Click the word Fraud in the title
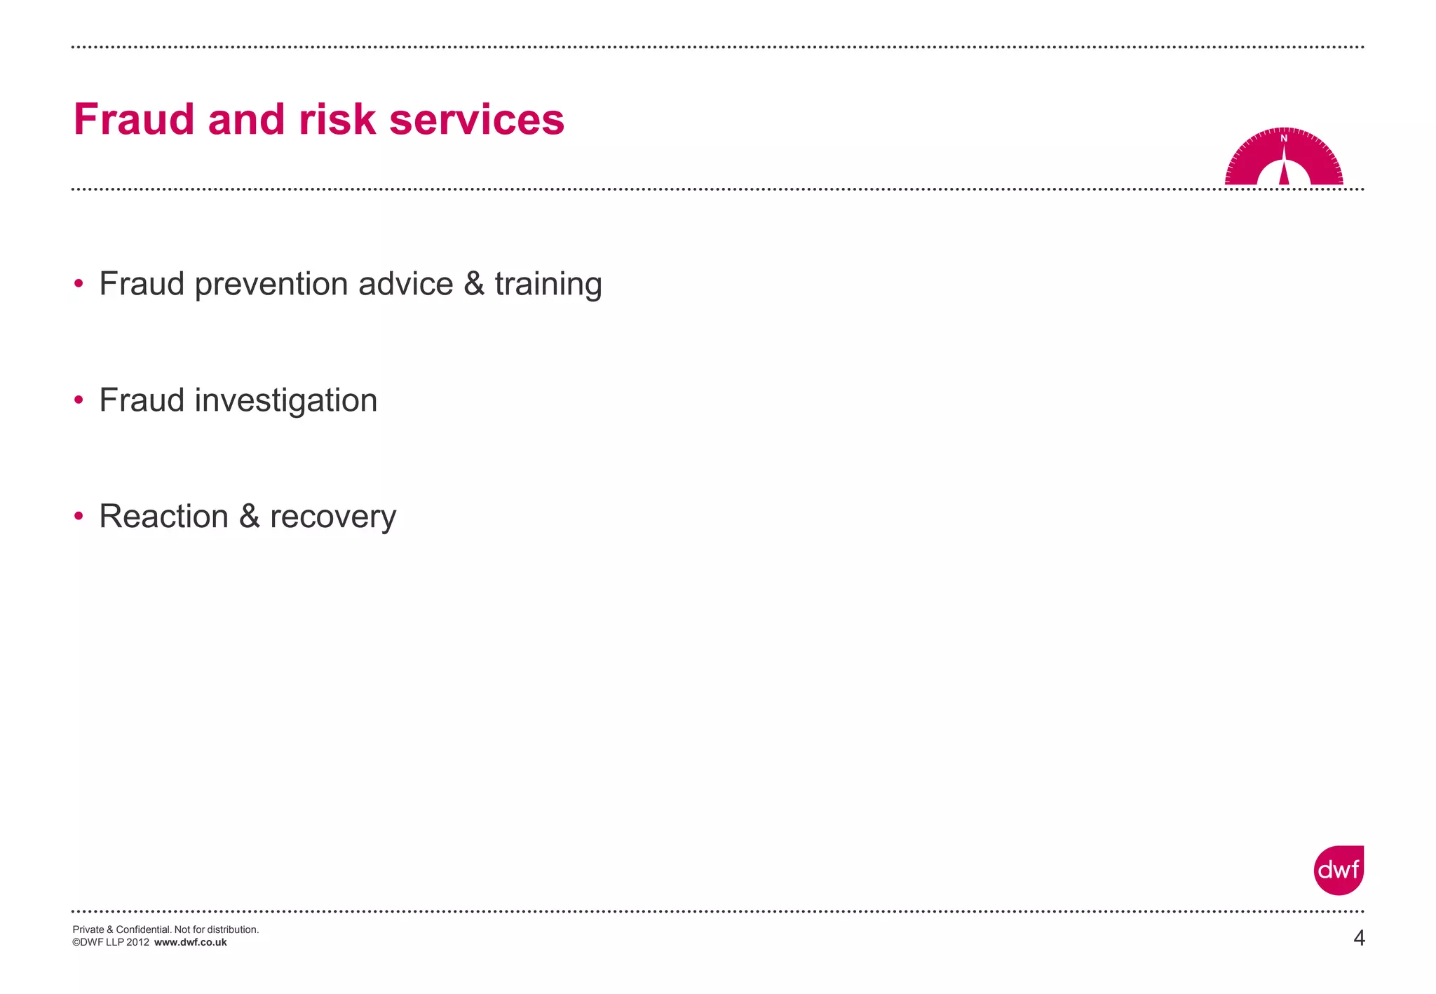pos(133,119)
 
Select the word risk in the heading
pos(337,119)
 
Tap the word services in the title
pos(477,119)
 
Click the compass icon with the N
pos(1284,158)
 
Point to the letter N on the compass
pos(1284,139)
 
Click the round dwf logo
pos(1339,870)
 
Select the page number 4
pos(1359,938)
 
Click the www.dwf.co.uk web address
pos(190,943)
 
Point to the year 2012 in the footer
pos(137,943)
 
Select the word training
pos(548,285)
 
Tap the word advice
pos(406,284)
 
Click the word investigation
pos(286,401)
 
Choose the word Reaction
pos(164,517)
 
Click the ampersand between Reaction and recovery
pos(250,517)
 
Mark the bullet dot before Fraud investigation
pos(79,400)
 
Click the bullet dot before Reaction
pos(79,517)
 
